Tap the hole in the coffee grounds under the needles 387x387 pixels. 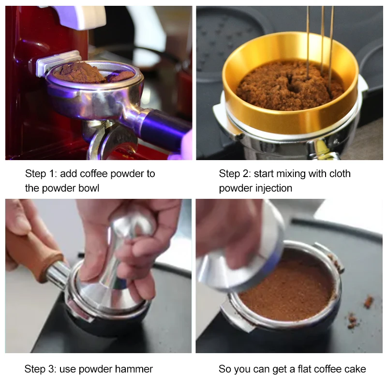(293, 83)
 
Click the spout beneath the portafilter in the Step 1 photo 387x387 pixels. (111, 141)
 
